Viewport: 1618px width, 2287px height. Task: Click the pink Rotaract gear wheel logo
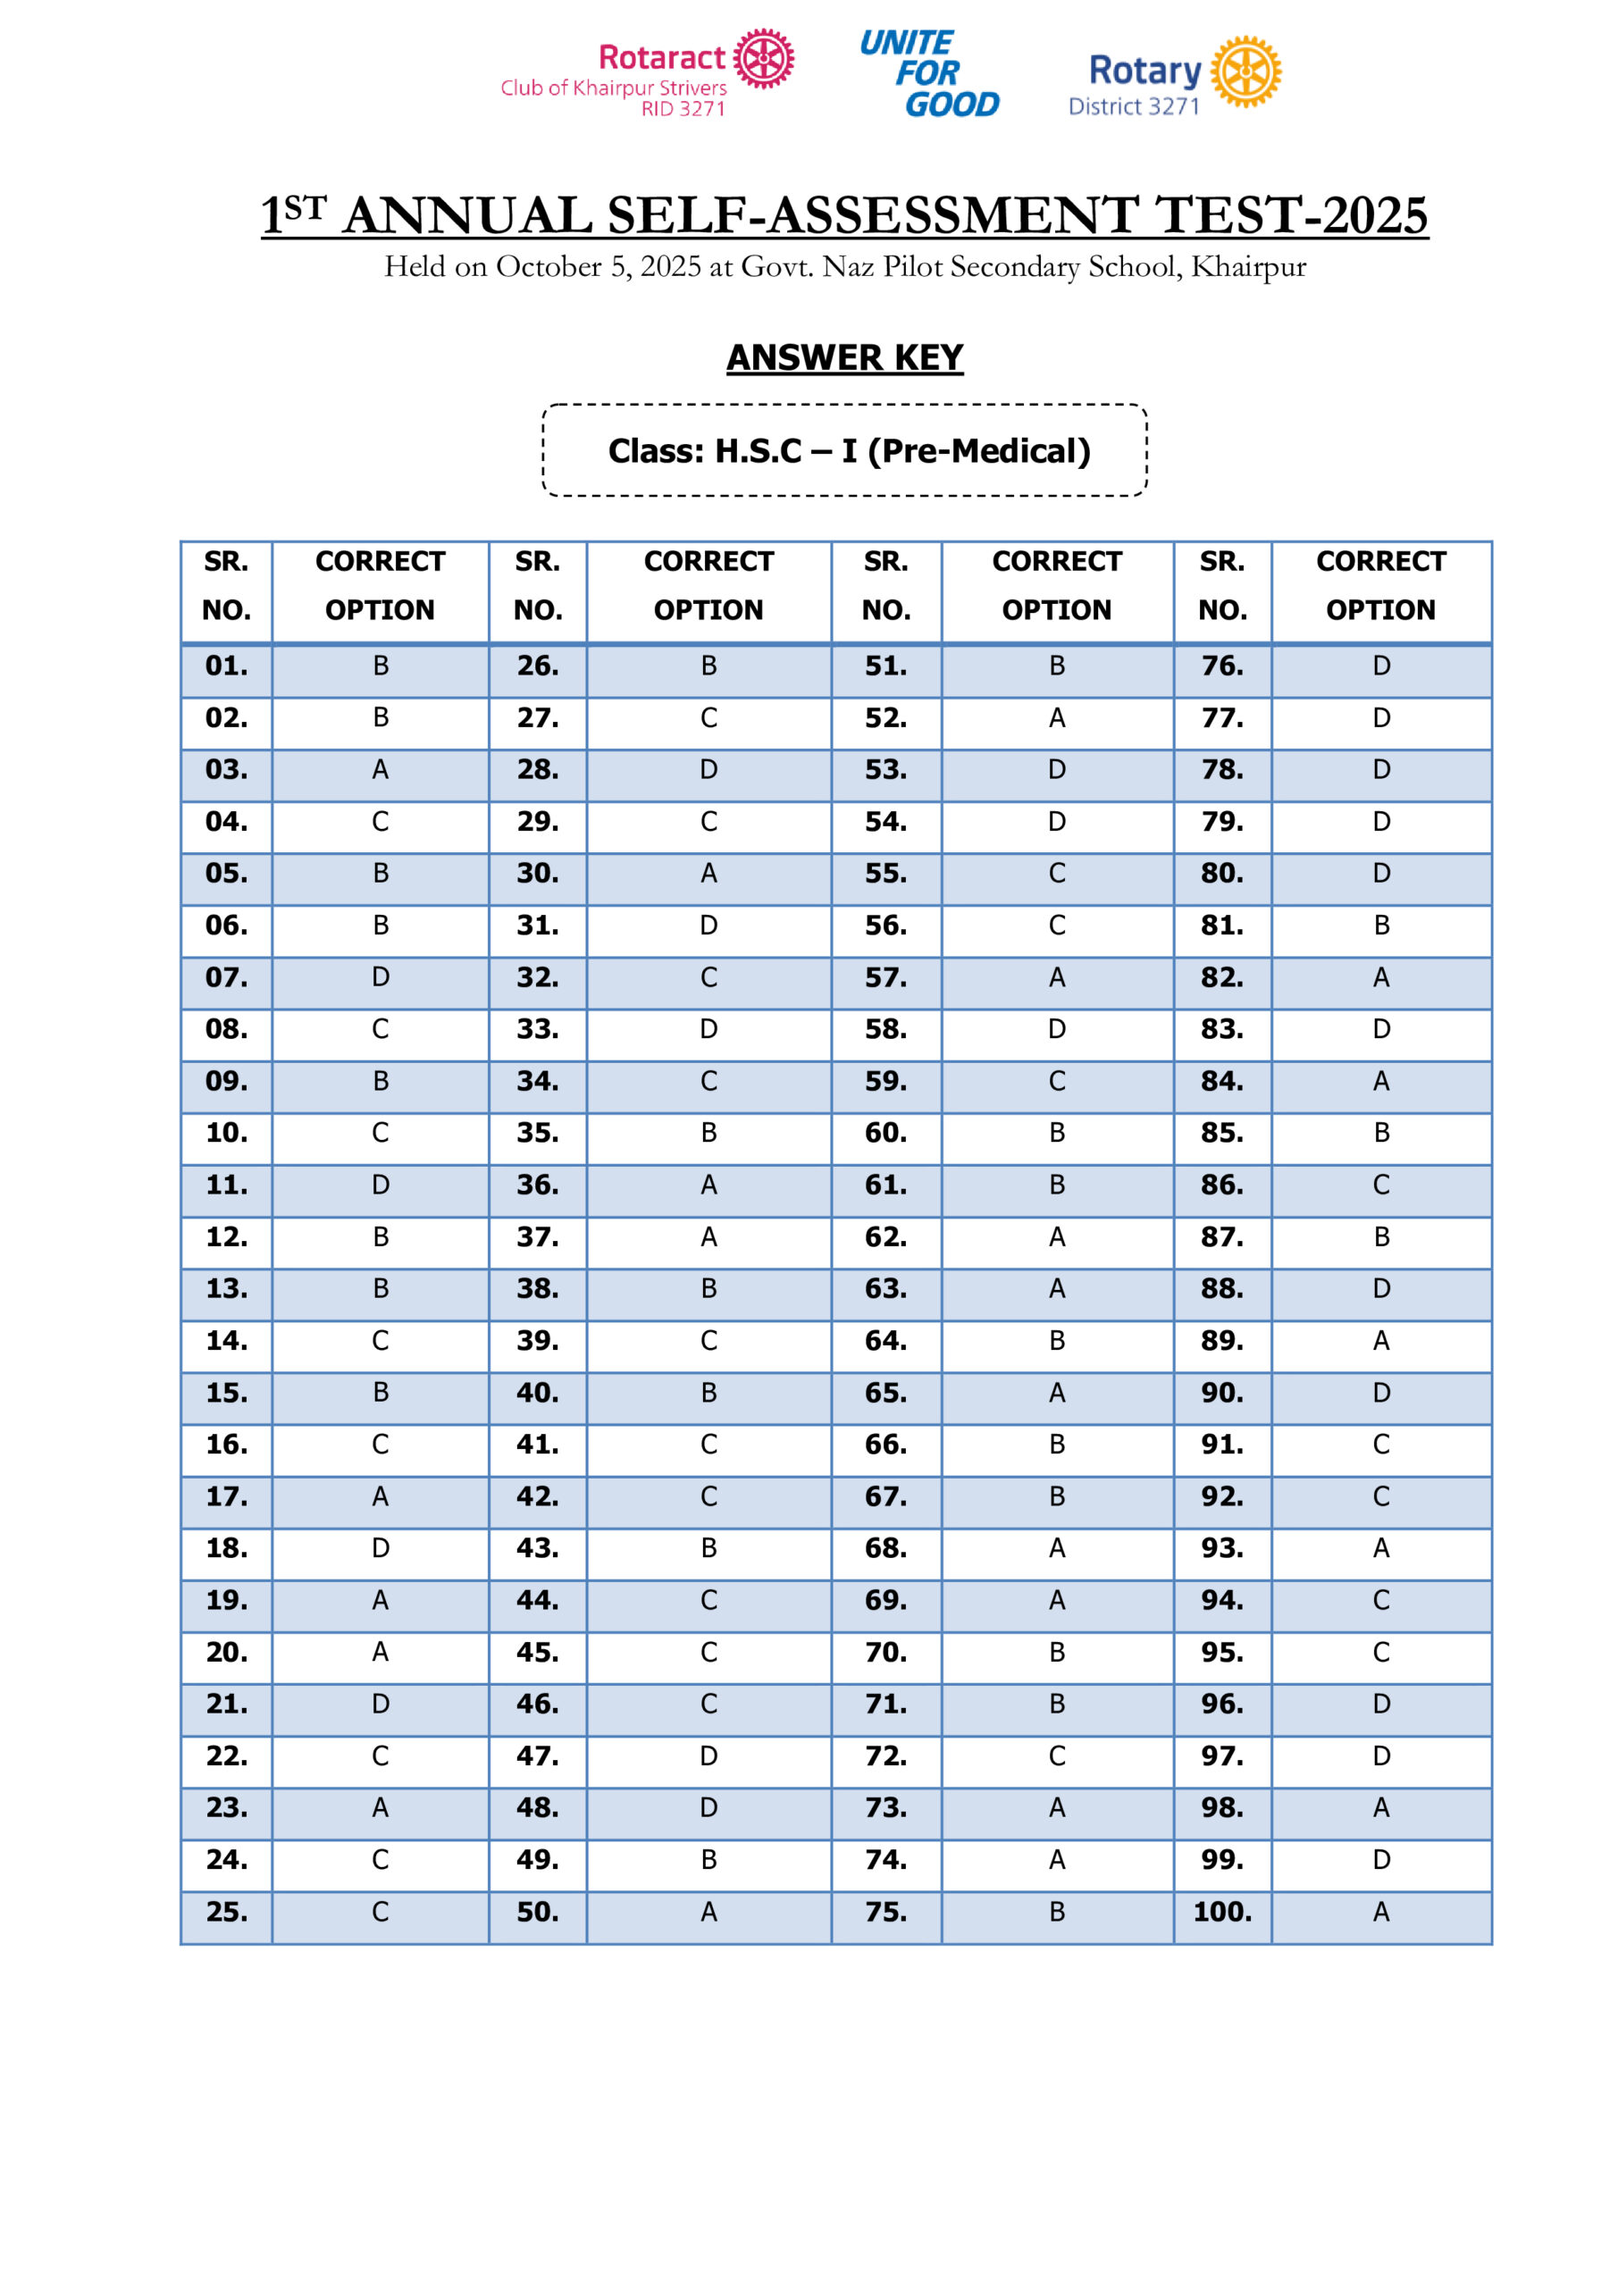[763, 58]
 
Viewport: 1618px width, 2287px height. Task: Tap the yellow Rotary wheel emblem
[1245, 71]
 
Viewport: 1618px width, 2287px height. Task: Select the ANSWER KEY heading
[844, 357]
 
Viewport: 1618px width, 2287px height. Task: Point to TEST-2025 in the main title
[1291, 215]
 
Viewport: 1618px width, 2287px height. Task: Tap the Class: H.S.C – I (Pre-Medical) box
[844, 450]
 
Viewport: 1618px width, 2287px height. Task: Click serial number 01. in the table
[226, 666]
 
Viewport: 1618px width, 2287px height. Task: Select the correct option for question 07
[381, 977]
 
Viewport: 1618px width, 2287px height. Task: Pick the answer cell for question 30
[708, 874]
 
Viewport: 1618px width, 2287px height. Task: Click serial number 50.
[537, 1913]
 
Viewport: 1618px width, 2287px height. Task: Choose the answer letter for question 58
[1056, 1029]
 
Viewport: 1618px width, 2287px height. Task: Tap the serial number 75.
[884, 1913]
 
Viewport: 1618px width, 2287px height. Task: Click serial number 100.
[1221, 1913]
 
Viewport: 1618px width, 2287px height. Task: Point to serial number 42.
[537, 1496]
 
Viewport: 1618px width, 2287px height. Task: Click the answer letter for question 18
[381, 1548]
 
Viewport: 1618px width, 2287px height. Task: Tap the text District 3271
[1133, 106]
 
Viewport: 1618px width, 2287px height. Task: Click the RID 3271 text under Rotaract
[683, 109]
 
